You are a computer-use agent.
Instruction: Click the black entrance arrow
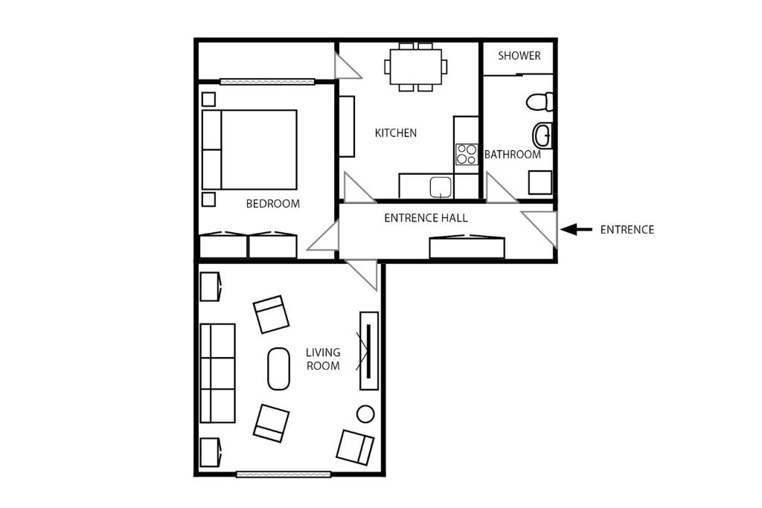click(576, 229)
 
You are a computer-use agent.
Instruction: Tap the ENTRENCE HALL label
click(426, 218)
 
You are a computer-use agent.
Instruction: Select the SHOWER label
click(519, 55)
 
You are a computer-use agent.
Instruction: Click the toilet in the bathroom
click(540, 101)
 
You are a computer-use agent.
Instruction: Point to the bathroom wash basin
click(542, 135)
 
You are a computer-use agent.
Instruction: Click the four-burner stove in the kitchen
click(467, 155)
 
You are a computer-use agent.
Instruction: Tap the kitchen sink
click(441, 187)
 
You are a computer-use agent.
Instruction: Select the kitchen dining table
click(415, 66)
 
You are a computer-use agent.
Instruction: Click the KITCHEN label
click(396, 132)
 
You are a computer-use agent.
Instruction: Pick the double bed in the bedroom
click(249, 149)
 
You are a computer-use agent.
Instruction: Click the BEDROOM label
click(272, 204)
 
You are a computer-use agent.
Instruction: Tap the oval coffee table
click(278, 369)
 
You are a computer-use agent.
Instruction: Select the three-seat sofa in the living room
click(218, 373)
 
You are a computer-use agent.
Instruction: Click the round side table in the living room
click(365, 414)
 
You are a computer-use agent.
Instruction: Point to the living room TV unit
click(368, 350)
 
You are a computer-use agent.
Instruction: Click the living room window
click(284, 474)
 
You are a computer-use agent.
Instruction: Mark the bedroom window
click(267, 82)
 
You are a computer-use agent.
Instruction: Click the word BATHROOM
click(513, 155)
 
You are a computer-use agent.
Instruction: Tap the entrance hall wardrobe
click(467, 247)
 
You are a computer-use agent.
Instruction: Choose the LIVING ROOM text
click(323, 359)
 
